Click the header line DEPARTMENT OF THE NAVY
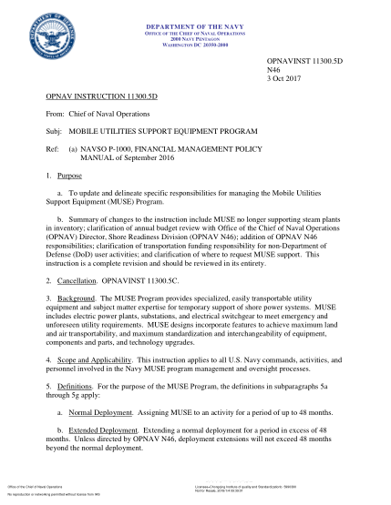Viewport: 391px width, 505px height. [195, 28]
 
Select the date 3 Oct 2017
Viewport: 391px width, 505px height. [283, 78]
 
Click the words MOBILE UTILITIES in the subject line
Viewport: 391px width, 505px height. [118, 132]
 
